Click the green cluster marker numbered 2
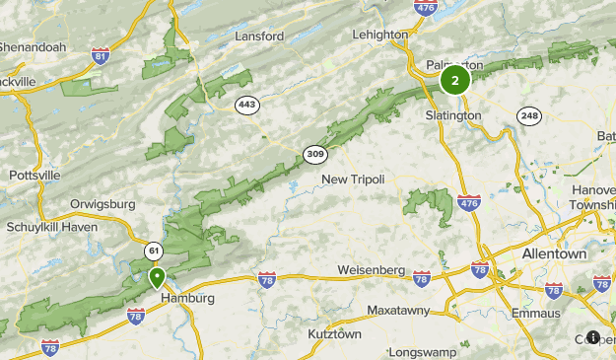pyautogui.click(x=454, y=81)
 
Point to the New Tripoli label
pyautogui.click(x=353, y=179)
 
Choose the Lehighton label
pyautogui.click(x=380, y=35)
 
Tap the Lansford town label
pyautogui.click(x=259, y=36)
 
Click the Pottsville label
pyautogui.click(x=34, y=176)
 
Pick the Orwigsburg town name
pyautogui.click(x=103, y=206)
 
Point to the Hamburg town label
pyautogui.click(x=186, y=298)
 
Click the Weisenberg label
pyautogui.click(x=371, y=269)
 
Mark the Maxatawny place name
pyautogui.click(x=402, y=311)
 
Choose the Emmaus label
pyautogui.click(x=536, y=313)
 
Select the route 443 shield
pyautogui.click(x=246, y=104)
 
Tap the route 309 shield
pyautogui.click(x=315, y=154)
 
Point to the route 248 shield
pyautogui.click(x=531, y=115)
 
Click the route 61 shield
pyautogui.click(x=153, y=250)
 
